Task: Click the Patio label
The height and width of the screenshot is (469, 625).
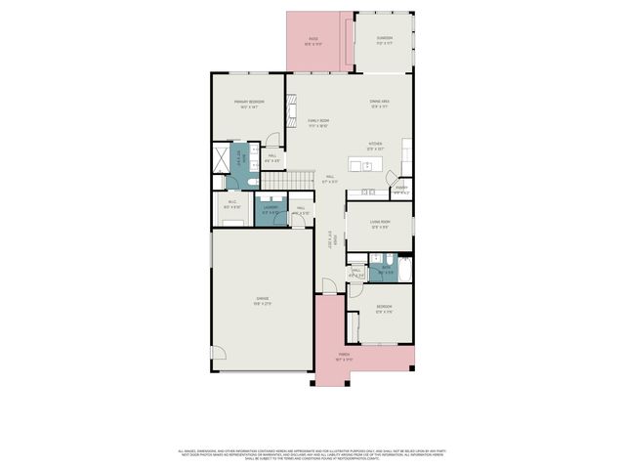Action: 312,40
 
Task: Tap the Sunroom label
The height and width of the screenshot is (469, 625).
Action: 384,39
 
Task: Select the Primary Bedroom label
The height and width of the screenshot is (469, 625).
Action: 248,103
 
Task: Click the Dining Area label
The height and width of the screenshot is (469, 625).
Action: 379,103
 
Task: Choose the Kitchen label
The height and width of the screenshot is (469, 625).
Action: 375,144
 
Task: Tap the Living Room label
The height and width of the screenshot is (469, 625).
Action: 380,224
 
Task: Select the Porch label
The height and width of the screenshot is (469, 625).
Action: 344,356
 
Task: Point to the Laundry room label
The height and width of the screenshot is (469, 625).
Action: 268,208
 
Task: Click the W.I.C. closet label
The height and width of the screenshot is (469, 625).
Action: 231,203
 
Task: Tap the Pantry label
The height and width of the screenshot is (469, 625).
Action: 400,189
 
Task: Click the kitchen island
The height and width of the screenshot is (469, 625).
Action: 374,162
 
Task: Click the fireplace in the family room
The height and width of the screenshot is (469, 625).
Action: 290,102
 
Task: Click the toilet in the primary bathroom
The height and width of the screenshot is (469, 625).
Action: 252,183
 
